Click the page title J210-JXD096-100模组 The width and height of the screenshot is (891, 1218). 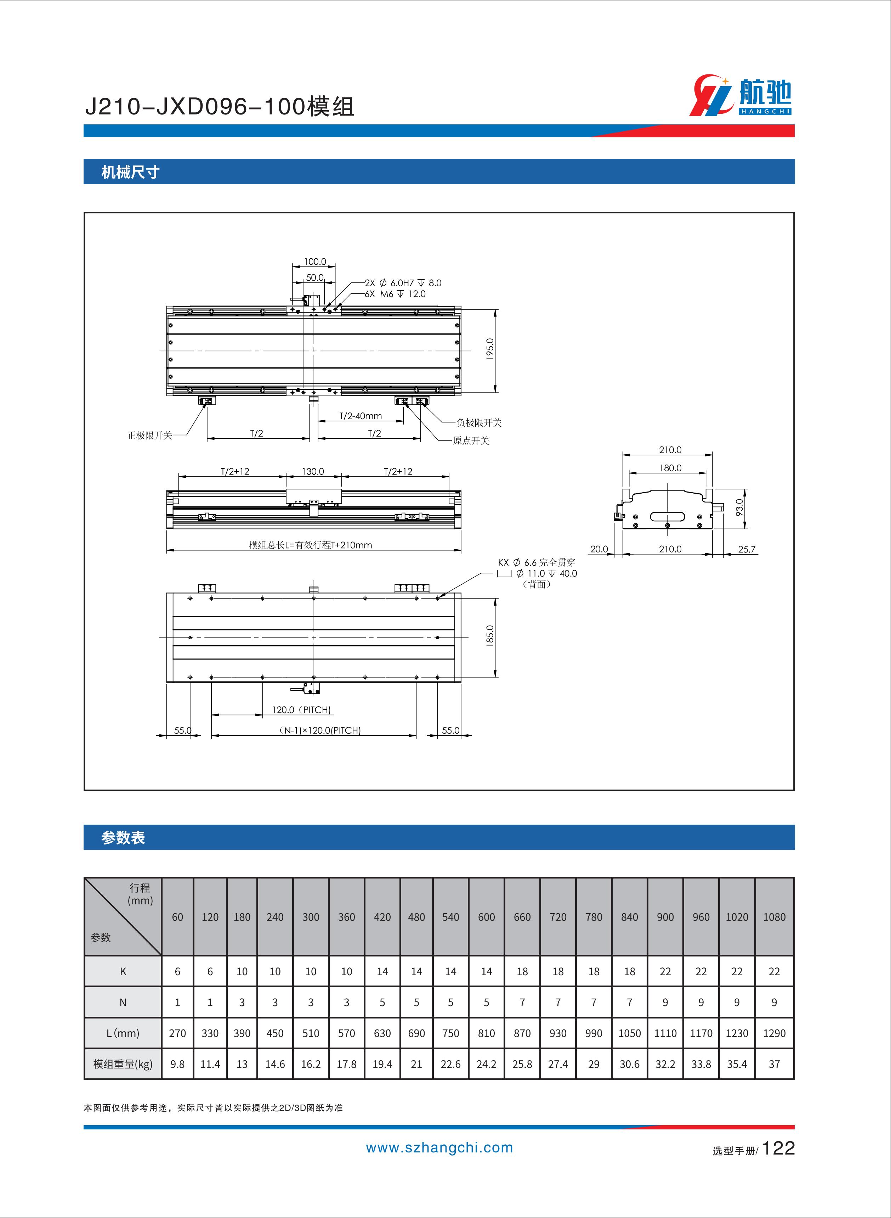coord(220,107)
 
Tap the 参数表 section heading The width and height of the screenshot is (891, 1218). coord(123,837)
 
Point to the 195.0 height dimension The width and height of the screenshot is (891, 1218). coord(490,349)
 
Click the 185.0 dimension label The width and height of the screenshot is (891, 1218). coord(490,636)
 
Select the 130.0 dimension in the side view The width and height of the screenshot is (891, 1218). coord(313,471)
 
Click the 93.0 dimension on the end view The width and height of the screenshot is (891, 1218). coord(739,507)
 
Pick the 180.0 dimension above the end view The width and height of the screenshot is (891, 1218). coord(670,468)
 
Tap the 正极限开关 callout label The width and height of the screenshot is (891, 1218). coord(149,436)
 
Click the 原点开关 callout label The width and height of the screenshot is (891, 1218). coord(471,441)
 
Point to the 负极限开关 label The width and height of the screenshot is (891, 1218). coord(479,422)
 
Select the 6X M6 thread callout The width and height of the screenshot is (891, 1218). coord(395,294)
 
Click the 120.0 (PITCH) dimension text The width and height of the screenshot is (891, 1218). coord(301,710)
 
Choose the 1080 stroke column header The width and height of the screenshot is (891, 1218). coord(774,917)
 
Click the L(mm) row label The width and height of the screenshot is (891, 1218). coord(123,1033)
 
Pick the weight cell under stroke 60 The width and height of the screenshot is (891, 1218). coord(177,1063)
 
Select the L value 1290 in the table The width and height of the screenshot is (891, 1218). coord(774,1033)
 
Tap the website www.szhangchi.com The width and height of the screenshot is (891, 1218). coord(439,1148)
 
